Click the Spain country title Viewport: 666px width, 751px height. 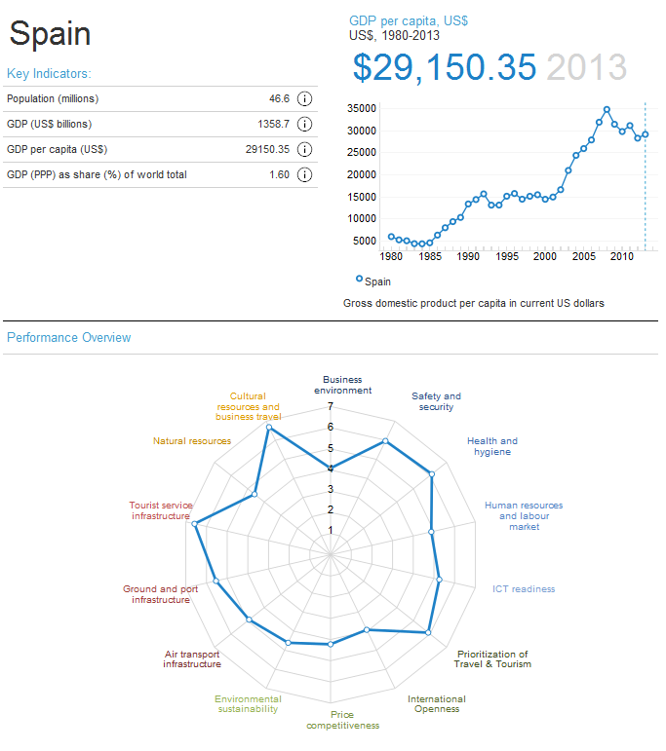pyautogui.click(x=50, y=34)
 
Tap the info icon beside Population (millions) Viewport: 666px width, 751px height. pyautogui.click(x=304, y=98)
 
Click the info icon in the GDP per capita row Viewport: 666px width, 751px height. pyautogui.click(x=304, y=149)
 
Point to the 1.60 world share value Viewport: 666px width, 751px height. pyautogui.click(x=279, y=174)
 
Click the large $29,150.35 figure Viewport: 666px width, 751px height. pyautogui.click(x=445, y=67)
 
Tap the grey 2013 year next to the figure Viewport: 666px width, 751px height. pyautogui.click(x=586, y=67)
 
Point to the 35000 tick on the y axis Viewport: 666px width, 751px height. pyautogui.click(x=363, y=109)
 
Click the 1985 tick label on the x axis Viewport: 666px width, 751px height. pyautogui.click(x=429, y=257)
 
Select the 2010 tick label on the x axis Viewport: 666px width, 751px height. pyautogui.click(x=622, y=257)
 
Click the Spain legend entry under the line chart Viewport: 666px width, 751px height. pyautogui.click(x=373, y=281)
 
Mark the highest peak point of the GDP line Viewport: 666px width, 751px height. pyautogui.click(x=607, y=109)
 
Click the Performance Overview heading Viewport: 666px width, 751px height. pyautogui.click(x=68, y=338)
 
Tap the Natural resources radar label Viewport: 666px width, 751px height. pyautogui.click(x=192, y=441)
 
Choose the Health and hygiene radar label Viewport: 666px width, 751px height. pyautogui.click(x=492, y=446)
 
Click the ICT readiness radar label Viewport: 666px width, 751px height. pyautogui.click(x=524, y=588)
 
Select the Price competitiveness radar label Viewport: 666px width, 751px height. pyautogui.click(x=342, y=720)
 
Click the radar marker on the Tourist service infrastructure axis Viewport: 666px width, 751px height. pyautogui.click(x=196, y=524)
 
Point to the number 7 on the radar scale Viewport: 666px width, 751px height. pyautogui.click(x=331, y=406)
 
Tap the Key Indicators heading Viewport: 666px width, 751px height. pyautogui.click(x=49, y=73)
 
